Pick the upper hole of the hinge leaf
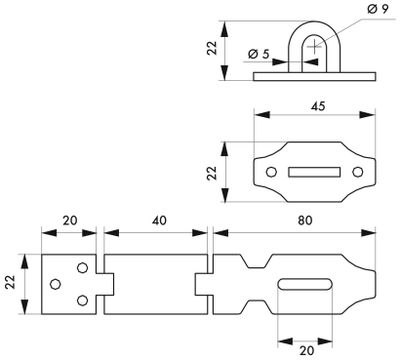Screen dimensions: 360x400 pyautogui.click(x=82, y=267)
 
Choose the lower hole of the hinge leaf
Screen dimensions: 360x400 pyautogui.click(x=82, y=299)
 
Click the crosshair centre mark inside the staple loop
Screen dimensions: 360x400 pyautogui.click(x=315, y=45)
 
